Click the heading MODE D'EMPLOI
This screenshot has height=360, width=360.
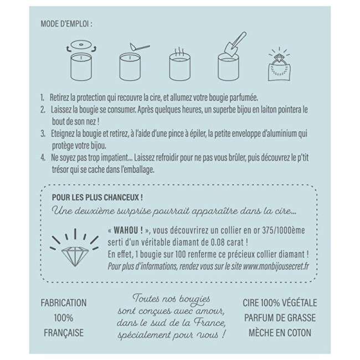pos(66,24)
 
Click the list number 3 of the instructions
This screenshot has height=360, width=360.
pos(43,134)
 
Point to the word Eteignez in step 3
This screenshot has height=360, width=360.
pos(64,134)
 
